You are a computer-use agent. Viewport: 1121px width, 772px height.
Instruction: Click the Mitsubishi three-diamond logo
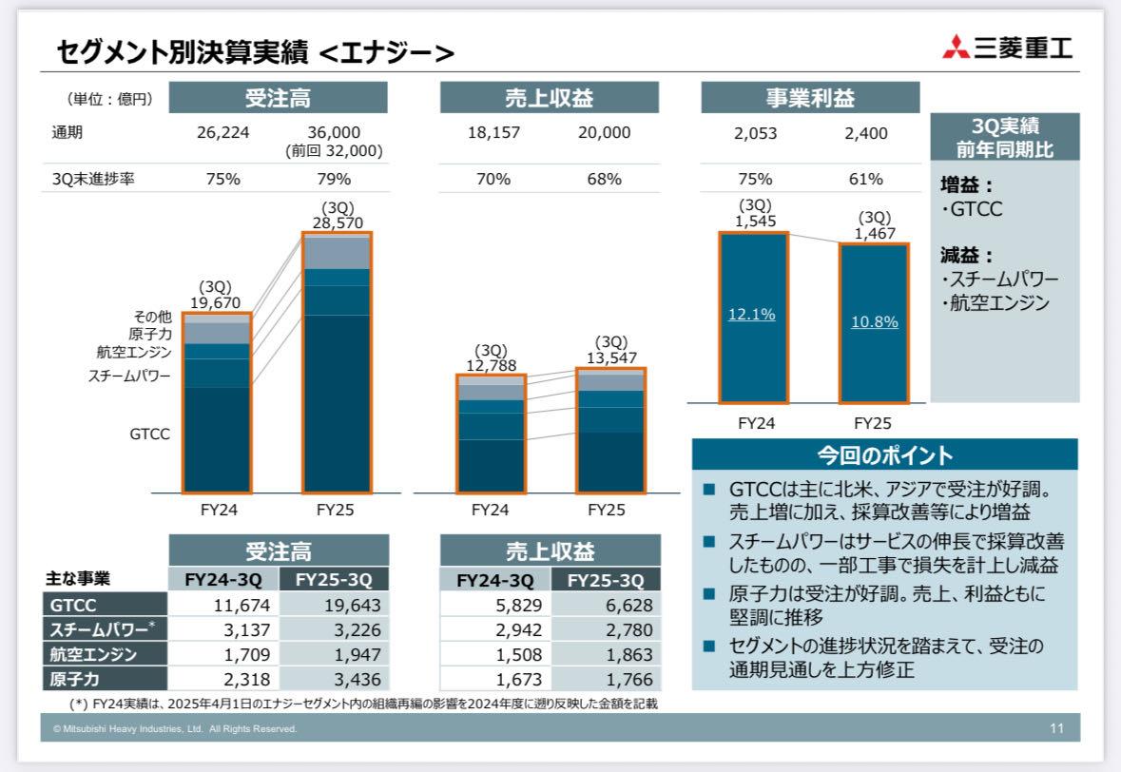tap(956, 47)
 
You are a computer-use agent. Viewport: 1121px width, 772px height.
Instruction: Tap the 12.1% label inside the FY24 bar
tap(751, 315)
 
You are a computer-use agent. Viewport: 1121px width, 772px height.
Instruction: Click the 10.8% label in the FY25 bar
tap(874, 321)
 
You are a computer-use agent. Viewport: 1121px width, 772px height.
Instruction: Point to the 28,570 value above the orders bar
tap(336, 222)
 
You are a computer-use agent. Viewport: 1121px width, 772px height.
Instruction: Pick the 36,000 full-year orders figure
tap(334, 133)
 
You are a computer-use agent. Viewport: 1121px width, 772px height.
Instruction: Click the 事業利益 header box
tap(810, 98)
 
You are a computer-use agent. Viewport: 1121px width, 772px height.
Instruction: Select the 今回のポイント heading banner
tap(884, 454)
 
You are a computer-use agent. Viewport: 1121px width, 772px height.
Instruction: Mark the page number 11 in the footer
tap(1057, 728)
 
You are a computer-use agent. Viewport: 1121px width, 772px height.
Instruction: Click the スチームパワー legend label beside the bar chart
tap(129, 376)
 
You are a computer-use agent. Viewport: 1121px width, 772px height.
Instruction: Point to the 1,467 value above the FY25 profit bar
tap(874, 233)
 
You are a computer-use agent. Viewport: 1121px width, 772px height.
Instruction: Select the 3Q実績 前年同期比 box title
tap(1004, 137)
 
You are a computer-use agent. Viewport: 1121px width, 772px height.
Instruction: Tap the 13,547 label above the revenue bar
tap(610, 357)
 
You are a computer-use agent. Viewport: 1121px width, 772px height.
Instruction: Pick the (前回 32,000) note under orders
tap(334, 150)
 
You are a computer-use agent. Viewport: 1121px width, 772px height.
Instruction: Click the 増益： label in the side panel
tap(966, 185)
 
